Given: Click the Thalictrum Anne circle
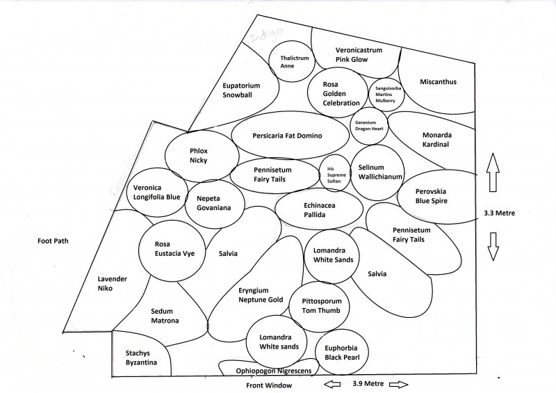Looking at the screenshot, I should point(291,61).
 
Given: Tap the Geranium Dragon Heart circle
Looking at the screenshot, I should point(370,125).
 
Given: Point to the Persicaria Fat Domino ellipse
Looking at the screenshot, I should point(288,135).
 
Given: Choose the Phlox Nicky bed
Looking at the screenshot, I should point(199,155).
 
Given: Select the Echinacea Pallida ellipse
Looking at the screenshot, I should point(319,209).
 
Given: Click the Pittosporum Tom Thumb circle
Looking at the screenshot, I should point(320,306).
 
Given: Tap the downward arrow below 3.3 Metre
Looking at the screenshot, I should point(493,246).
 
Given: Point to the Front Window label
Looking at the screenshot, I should point(269,385).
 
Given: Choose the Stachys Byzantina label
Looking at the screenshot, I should point(140,358).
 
